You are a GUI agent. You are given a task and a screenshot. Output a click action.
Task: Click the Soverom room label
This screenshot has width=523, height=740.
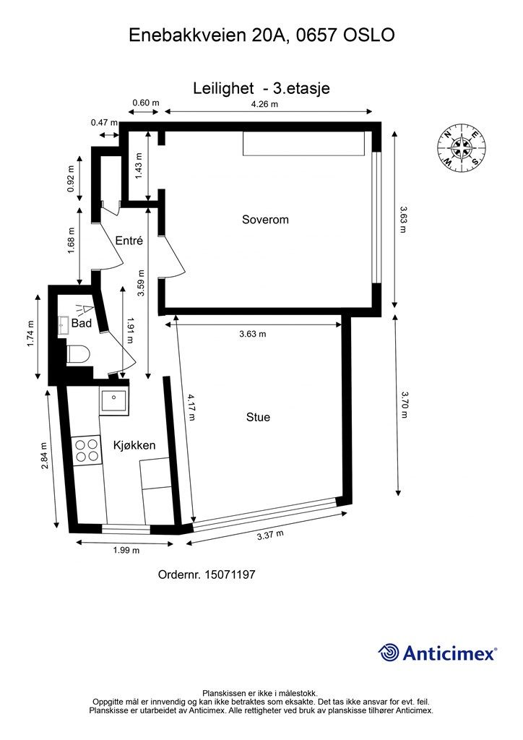tap(265, 220)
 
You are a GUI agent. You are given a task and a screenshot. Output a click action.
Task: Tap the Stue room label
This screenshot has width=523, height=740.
tap(258, 417)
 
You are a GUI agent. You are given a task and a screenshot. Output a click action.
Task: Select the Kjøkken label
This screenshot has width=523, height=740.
tap(134, 445)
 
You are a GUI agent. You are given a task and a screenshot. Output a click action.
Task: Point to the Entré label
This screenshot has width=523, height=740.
tap(129, 240)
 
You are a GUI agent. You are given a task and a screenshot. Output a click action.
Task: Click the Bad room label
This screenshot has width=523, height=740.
tap(82, 323)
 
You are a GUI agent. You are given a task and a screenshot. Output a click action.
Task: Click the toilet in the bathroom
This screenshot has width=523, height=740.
tap(78, 354)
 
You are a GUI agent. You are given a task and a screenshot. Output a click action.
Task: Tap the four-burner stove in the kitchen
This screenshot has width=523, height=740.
tap(87, 450)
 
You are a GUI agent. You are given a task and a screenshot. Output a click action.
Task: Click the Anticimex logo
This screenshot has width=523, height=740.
tap(437, 653)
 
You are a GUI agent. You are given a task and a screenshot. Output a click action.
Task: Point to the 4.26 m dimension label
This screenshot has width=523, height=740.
tap(264, 104)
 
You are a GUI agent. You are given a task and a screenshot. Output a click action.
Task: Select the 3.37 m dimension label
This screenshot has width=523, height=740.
tap(270, 535)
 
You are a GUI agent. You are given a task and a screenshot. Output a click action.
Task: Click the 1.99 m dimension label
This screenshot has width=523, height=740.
tap(126, 550)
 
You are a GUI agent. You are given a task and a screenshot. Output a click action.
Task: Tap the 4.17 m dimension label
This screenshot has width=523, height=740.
tap(191, 407)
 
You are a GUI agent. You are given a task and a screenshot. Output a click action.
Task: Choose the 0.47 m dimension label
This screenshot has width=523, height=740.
tap(104, 123)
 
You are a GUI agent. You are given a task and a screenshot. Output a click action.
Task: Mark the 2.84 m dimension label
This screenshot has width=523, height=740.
tap(44, 455)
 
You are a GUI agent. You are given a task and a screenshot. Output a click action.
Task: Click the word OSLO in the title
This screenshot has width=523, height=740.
tap(369, 35)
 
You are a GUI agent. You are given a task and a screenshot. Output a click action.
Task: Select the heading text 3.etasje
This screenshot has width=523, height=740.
tap(302, 88)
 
